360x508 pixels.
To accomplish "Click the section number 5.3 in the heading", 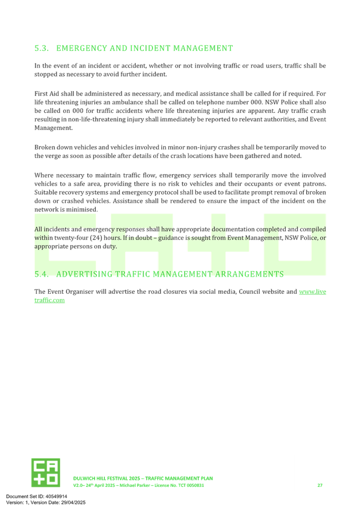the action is [41, 48].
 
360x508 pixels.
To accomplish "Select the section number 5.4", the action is [41, 274].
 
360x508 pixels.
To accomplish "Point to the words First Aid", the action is [46, 93].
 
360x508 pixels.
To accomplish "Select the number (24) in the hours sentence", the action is [96, 238].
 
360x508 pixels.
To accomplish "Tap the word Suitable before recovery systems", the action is [46, 192].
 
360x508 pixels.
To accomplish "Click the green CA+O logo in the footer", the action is [46, 472].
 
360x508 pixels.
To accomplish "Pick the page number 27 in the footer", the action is [320, 485].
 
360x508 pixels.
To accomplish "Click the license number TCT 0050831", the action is [191, 485].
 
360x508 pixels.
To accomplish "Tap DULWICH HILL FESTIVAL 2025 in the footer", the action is [107, 478].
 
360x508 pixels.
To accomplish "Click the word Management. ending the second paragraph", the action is [53, 128].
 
